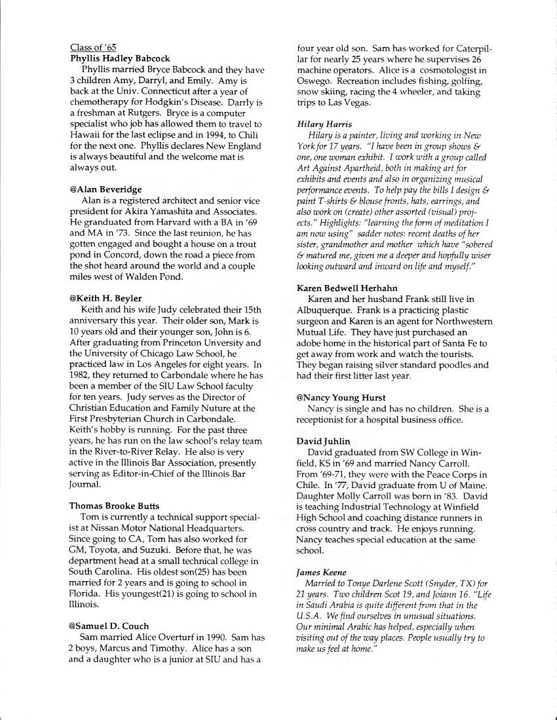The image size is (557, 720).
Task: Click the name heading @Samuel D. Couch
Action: coord(109,626)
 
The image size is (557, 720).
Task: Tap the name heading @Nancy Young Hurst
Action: coord(341,398)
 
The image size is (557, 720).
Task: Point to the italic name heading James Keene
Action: coord(321,572)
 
